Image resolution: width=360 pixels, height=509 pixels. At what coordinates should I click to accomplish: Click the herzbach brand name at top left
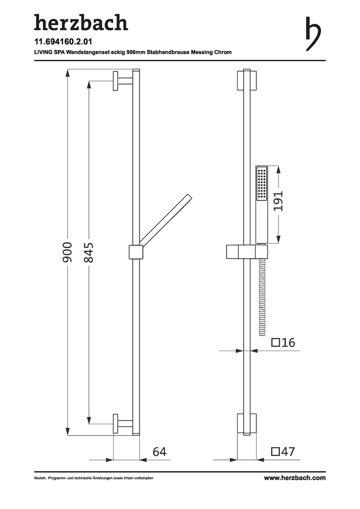[x=81, y=23]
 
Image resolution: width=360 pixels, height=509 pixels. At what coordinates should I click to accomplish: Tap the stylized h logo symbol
[x=313, y=34]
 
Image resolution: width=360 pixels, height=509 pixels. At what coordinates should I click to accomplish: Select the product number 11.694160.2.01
[x=63, y=41]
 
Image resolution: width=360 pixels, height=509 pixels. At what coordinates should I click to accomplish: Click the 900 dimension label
[x=67, y=252]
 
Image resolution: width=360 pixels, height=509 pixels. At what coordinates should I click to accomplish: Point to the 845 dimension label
[x=89, y=252]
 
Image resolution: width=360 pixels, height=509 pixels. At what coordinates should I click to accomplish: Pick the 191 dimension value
[x=278, y=201]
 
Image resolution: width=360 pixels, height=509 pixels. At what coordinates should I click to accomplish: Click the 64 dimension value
[x=159, y=452]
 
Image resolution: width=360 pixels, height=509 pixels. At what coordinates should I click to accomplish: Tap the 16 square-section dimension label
[x=283, y=343]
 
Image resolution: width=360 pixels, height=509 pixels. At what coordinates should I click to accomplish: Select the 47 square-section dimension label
[x=283, y=452]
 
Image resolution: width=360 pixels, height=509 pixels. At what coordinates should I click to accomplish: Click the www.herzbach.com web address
[x=295, y=478]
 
